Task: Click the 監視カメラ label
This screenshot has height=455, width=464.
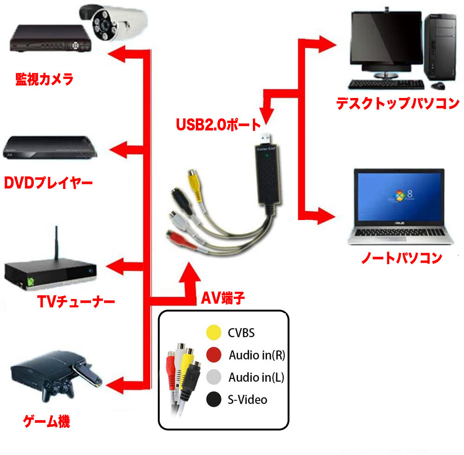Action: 44,79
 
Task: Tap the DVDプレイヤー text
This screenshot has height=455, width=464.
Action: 48,182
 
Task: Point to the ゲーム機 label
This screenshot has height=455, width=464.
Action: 47,422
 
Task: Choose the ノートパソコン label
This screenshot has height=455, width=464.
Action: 401,258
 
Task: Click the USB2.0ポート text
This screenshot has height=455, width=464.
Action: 218,124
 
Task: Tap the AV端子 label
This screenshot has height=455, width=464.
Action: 223,298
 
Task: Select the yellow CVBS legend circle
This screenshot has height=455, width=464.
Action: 213,332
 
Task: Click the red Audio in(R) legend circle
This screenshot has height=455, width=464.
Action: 213,355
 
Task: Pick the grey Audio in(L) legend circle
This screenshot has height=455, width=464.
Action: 213,377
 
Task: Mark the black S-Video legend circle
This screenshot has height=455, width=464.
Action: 213,399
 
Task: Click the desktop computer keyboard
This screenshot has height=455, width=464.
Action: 386,84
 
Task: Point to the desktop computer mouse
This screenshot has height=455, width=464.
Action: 438,86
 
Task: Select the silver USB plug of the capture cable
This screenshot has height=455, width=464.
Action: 266,138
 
